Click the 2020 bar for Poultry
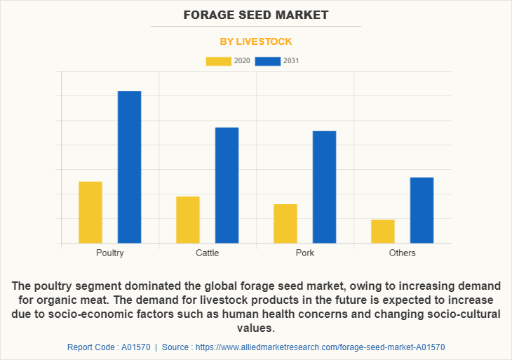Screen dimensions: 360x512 click(90, 212)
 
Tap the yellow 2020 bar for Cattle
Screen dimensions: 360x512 click(188, 220)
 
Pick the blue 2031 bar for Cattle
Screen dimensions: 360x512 click(227, 185)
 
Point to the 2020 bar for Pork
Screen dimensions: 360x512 click(285, 223)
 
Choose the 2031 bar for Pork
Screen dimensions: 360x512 click(324, 187)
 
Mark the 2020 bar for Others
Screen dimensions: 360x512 click(383, 231)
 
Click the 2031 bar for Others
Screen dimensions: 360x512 click(422, 210)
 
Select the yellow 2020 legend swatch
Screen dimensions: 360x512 click(218, 61)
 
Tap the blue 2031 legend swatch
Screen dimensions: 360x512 click(268, 61)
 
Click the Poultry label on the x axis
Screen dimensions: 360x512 click(110, 253)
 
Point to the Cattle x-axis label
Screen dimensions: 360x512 click(208, 253)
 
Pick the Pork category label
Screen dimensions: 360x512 click(305, 253)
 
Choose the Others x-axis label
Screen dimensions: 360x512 click(403, 253)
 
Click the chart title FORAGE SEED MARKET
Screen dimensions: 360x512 click(256, 15)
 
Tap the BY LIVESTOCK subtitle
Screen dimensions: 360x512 click(256, 41)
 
